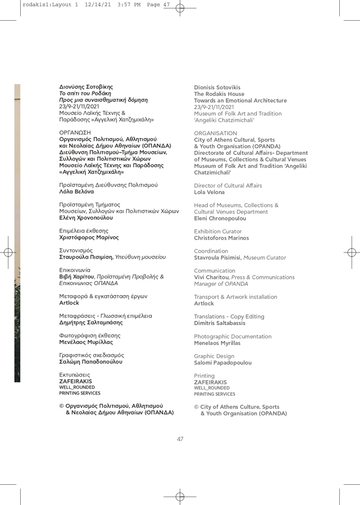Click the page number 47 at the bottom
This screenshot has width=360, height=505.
(x=180, y=439)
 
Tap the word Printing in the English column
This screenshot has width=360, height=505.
(x=204, y=375)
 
